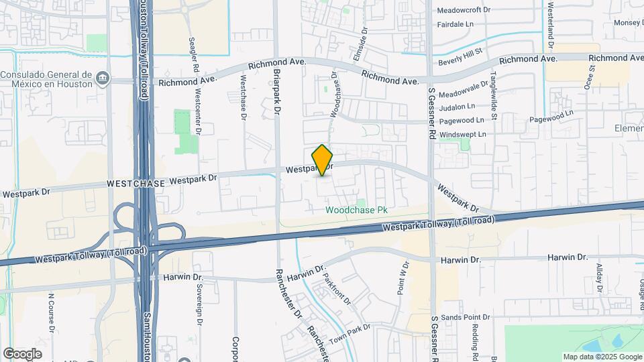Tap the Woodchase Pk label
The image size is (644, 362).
point(357,210)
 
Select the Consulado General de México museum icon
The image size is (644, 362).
point(101,78)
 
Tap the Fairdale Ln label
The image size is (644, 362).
point(460,24)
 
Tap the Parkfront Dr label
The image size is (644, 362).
point(337,288)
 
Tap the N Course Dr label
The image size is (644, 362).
point(51,312)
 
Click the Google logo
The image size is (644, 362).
point(23,353)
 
